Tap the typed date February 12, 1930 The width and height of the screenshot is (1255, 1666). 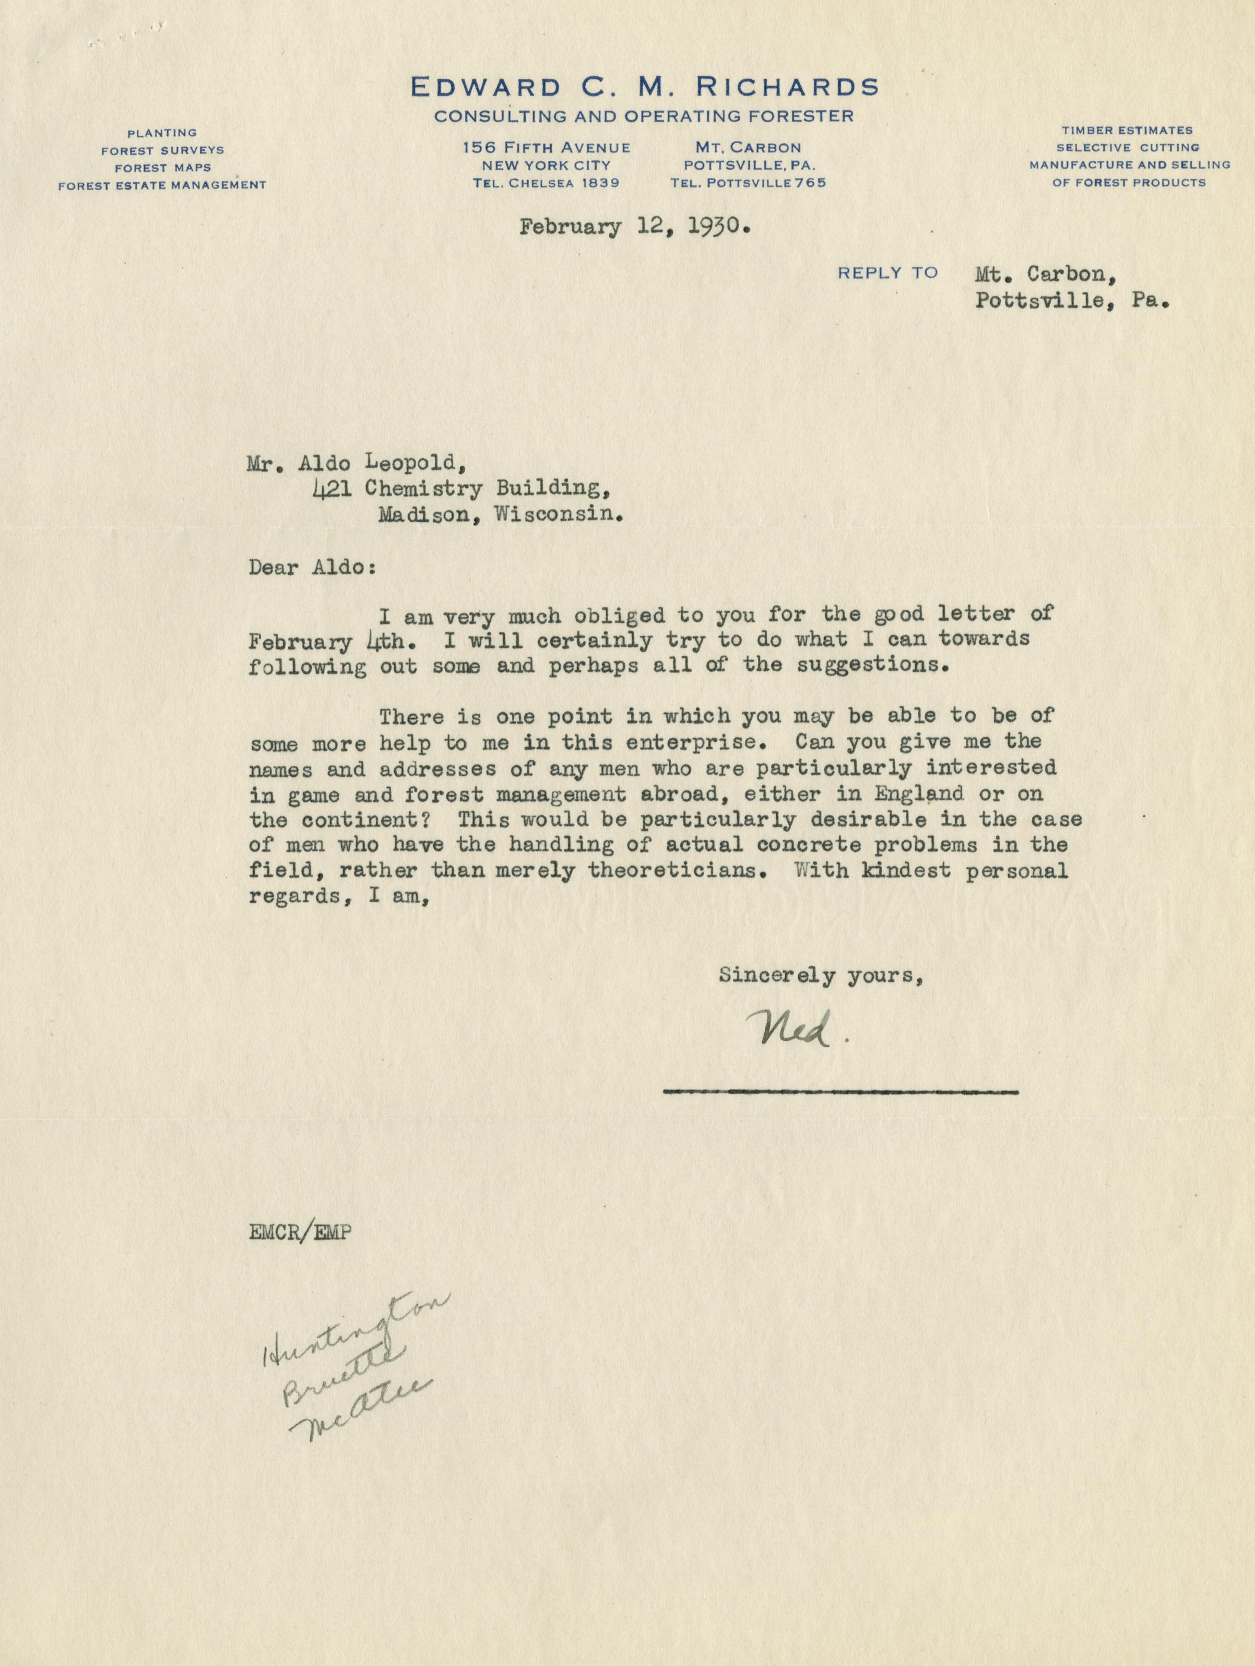(634, 227)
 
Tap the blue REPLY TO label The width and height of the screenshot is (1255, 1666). (888, 273)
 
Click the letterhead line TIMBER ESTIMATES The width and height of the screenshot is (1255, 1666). (1128, 131)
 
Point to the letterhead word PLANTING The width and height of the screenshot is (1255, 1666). (162, 133)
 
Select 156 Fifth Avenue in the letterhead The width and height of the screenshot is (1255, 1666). (546, 148)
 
